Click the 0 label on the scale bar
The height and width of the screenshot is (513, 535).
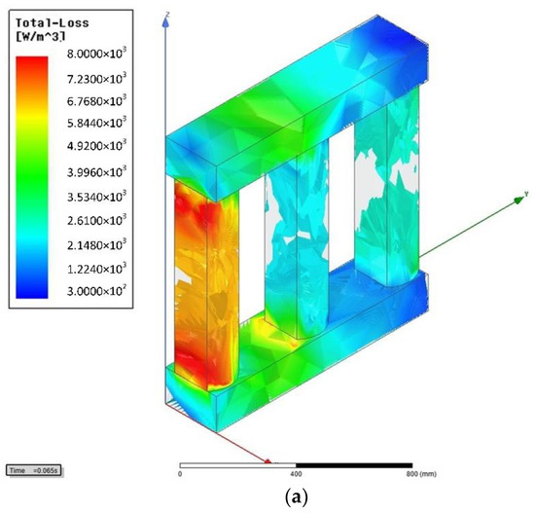pos(180,475)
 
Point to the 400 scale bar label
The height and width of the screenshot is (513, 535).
pos(296,475)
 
